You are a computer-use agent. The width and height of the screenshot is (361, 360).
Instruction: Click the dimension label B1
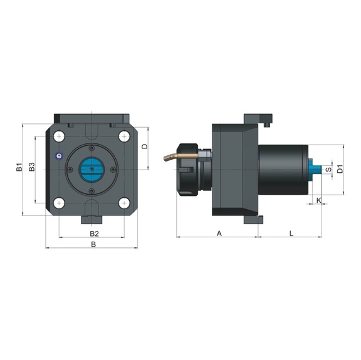pyautogui.click(x=19, y=168)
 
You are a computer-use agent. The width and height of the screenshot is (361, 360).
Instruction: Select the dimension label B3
pyautogui.click(x=31, y=168)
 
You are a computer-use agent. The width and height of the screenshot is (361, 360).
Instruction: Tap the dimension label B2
pyautogui.click(x=93, y=233)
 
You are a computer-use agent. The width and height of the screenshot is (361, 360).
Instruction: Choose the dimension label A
pyautogui.click(x=219, y=233)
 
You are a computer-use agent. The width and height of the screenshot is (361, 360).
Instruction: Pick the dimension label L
pyautogui.click(x=292, y=233)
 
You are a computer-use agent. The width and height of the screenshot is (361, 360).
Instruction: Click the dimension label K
pyautogui.click(x=318, y=200)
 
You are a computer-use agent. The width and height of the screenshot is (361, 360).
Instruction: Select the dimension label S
pyautogui.click(x=328, y=169)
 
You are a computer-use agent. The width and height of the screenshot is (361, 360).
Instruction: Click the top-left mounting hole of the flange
pyautogui.click(x=59, y=136)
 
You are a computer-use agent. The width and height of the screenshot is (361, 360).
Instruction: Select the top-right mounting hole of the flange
pyautogui.click(x=123, y=136)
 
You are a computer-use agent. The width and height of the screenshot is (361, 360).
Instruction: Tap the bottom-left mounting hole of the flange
pyautogui.click(x=59, y=202)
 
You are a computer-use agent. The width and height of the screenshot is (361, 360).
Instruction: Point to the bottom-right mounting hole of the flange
pyautogui.click(x=123, y=202)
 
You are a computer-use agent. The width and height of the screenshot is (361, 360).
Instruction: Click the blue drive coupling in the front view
pyautogui.click(x=92, y=169)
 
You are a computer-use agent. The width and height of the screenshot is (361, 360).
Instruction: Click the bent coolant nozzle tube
pyautogui.click(x=175, y=153)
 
